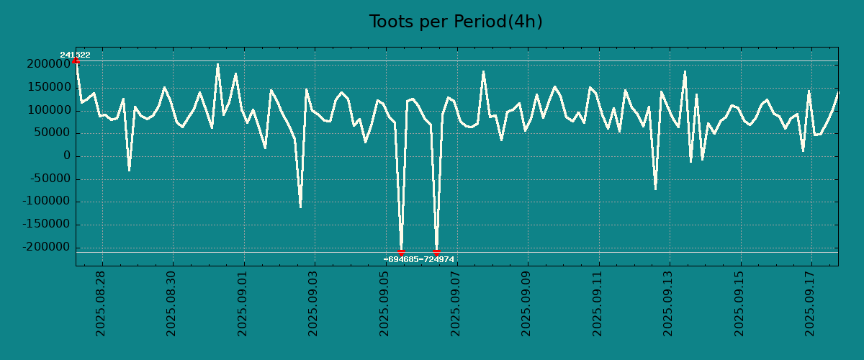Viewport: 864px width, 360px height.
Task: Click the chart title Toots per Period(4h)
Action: coord(455,22)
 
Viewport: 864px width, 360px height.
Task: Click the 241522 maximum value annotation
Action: coord(75,55)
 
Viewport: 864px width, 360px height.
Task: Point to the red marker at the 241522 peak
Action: coord(76,60)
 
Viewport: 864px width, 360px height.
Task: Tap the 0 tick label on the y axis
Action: coord(67,156)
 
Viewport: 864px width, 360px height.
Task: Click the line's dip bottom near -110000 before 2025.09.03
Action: coord(300,207)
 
